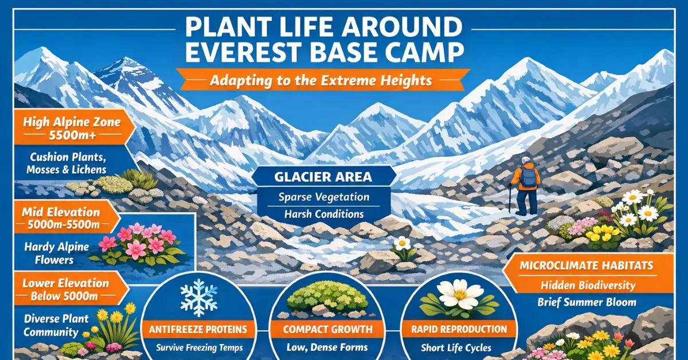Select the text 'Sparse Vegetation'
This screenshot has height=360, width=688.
(324, 197)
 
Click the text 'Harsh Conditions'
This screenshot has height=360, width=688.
(324, 214)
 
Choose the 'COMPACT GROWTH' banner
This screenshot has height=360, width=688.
(327, 330)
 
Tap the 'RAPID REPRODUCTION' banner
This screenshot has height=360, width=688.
(459, 329)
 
